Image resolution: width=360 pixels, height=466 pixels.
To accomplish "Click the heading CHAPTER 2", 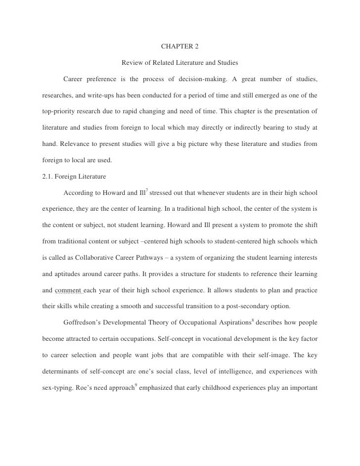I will point(180,47).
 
